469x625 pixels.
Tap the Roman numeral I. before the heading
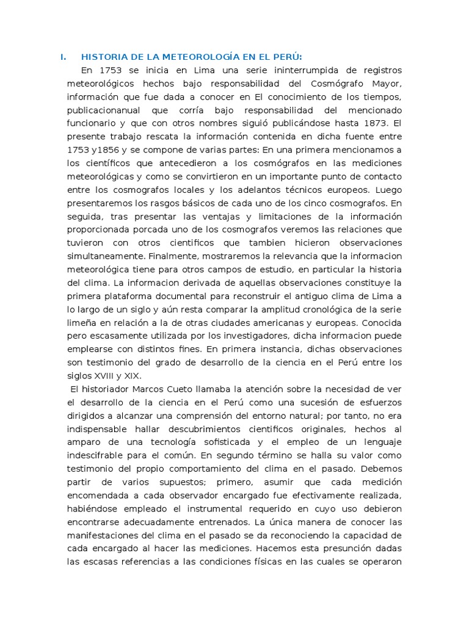click(62, 57)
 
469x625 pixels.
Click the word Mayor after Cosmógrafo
click(385, 84)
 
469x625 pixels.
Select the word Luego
click(387, 190)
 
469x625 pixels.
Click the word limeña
click(83, 323)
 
